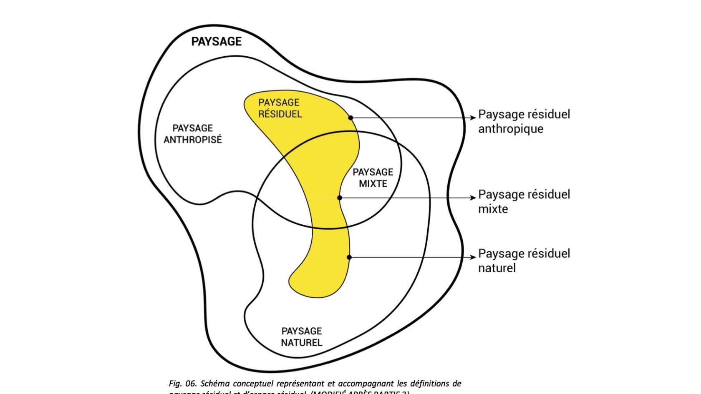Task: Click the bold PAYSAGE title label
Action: [x=216, y=41]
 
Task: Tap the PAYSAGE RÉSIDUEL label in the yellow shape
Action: [x=280, y=108]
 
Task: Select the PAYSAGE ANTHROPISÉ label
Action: [x=192, y=134]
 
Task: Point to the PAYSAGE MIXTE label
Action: [x=373, y=178]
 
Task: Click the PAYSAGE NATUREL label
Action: [x=302, y=337]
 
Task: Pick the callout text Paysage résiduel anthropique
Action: [x=524, y=121]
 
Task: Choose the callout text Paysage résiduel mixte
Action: [x=524, y=201]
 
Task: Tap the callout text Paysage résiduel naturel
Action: [x=524, y=261]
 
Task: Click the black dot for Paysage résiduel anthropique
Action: [x=350, y=118]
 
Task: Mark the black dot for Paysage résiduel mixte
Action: [x=340, y=198]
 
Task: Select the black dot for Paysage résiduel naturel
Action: [x=349, y=257]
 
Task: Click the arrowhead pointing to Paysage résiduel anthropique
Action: [x=473, y=118]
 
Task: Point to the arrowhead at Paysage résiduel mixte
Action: [x=473, y=198]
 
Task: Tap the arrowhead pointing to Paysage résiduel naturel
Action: [x=473, y=257]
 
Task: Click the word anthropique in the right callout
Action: [x=511, y=129]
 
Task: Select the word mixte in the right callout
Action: [x=493, y=209]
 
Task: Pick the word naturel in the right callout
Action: [x=497, y=268]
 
